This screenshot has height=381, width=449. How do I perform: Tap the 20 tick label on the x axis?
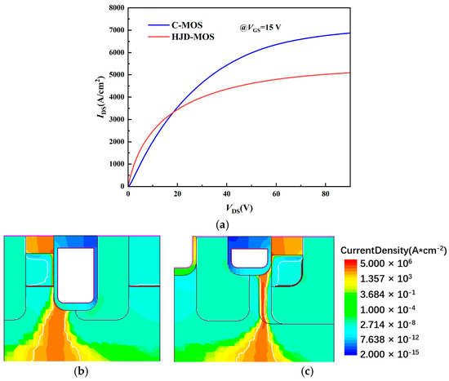[x=177, y=194]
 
